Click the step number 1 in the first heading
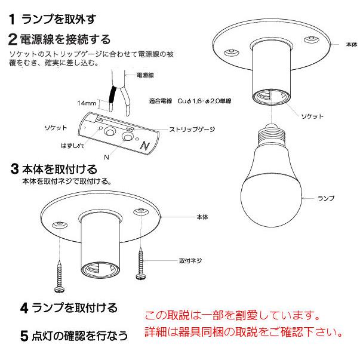point(13,20)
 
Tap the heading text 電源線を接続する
point(65,39)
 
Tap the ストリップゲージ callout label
point(192,129)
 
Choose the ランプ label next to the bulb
point(326,197)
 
